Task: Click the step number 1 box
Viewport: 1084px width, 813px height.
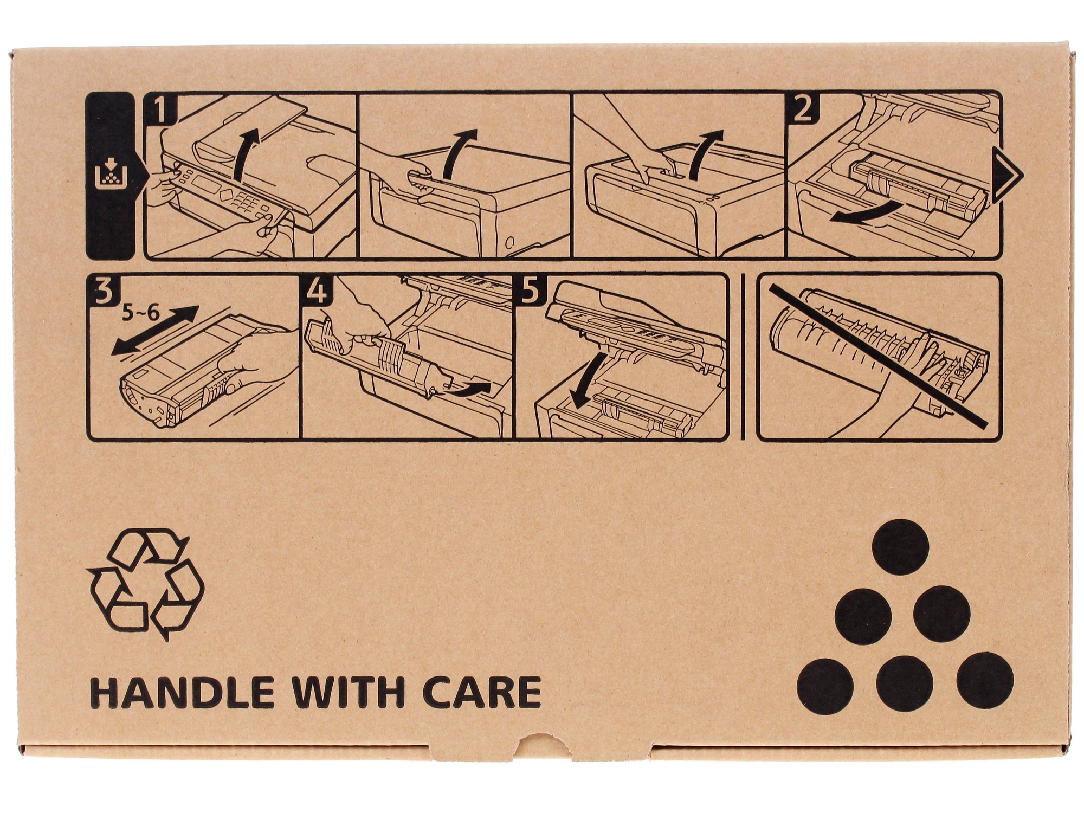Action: [x=161, y=110]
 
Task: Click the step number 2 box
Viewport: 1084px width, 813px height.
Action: [x=802, y=110]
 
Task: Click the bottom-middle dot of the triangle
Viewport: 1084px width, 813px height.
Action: [x=904, y=683]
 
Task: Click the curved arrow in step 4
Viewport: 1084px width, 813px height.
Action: [x=469, y=389]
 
